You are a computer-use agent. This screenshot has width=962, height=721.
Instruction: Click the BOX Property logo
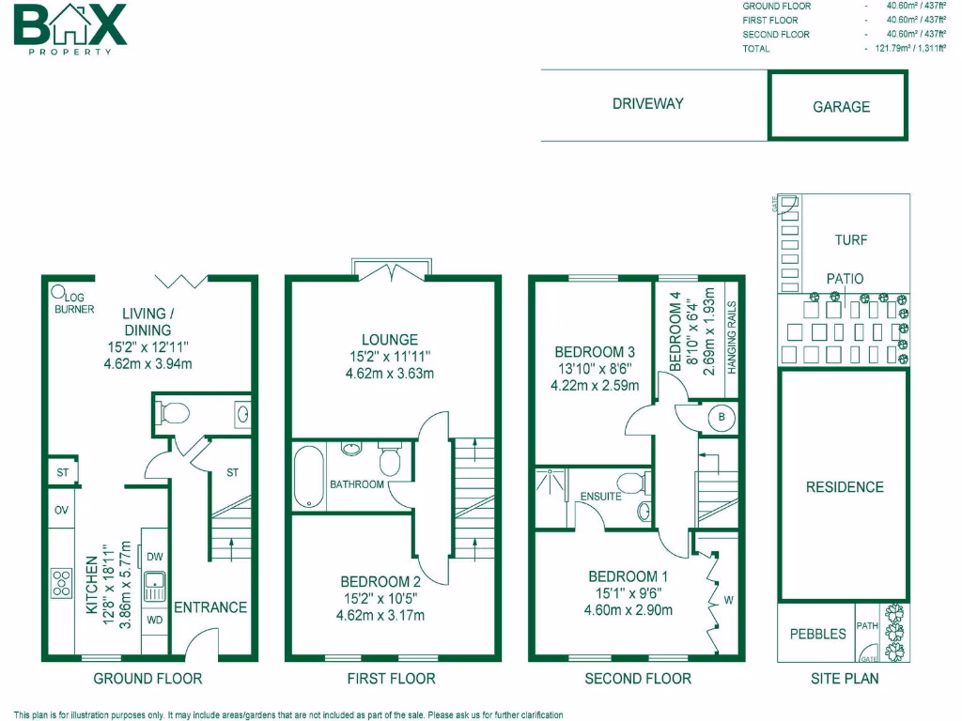click(70, 27)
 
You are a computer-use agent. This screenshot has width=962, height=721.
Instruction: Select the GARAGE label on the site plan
click(841, 107)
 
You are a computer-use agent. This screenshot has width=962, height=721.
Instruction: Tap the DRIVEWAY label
click(647, 104)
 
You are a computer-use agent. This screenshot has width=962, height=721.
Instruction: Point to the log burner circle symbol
click(58, 291)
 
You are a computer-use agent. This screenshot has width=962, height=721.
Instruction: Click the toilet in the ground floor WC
click(169, 412)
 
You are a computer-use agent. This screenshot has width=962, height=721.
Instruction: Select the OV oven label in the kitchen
click(61, 511)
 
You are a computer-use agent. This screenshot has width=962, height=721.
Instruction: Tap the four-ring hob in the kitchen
click(62, 583)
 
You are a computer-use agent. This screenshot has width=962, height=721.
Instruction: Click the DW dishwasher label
click(154, 557)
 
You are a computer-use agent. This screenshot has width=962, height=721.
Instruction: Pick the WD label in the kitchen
click(154, 621)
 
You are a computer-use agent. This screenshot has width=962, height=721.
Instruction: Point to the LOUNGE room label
click(389, 340)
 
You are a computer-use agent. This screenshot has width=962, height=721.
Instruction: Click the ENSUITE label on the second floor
click(601, 496)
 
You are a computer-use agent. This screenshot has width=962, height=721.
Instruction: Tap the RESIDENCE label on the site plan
click(845, 486)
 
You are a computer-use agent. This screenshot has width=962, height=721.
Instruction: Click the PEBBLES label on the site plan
click(817, 634)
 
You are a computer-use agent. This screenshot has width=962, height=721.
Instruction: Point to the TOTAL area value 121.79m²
click(902, 49)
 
